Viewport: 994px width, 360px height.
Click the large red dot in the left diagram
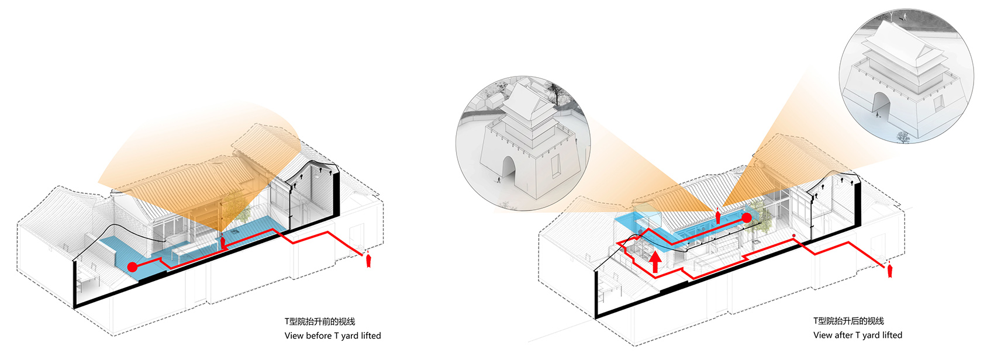click(132, 267)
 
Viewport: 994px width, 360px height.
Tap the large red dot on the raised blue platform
click(747, 217)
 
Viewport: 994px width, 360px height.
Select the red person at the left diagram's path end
click(368, 259)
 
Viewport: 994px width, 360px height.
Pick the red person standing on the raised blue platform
click(718, 216)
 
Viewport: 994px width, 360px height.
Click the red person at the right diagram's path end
click(890, 270)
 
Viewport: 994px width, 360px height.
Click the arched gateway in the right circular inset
click(881, 107)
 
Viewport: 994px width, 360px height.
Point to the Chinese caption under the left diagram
click(320, 321)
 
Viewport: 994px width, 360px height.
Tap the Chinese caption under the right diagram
click(848, 321)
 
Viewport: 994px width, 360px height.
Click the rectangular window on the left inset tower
click(555, 164)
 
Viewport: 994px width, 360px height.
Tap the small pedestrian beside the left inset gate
click(499, 180)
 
